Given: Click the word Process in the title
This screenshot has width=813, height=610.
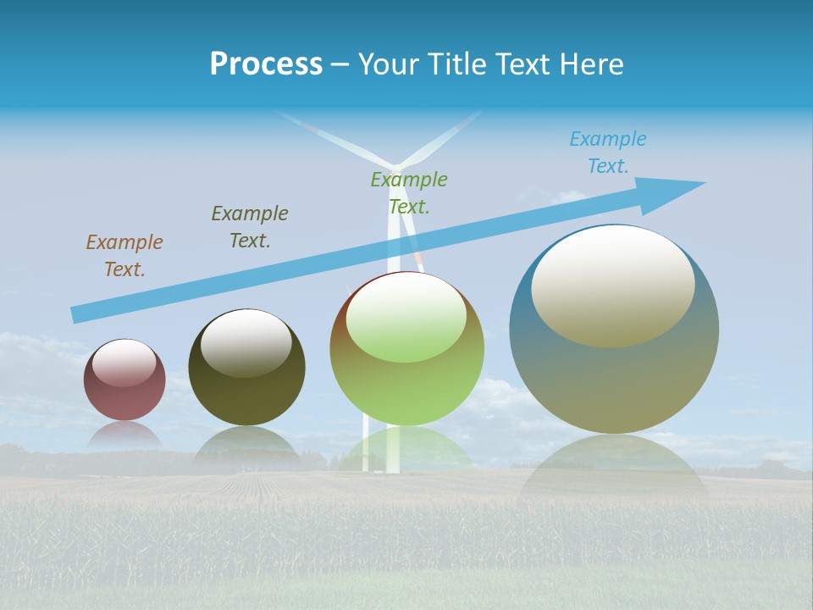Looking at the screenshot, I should coord(266,64).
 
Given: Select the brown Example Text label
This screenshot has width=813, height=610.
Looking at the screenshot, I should coord(124,256).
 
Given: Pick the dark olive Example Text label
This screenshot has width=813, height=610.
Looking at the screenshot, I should coord(250,227).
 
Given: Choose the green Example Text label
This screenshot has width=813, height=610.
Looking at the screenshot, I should coord(409,193).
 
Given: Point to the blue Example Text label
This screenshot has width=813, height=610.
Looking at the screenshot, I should coord(607,152).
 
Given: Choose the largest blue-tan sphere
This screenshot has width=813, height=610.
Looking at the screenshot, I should coord(614,381).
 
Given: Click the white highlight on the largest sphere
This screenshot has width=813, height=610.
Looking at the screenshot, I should coord(612,286).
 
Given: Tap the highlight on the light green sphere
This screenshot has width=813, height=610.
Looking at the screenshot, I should coord(406,318).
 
